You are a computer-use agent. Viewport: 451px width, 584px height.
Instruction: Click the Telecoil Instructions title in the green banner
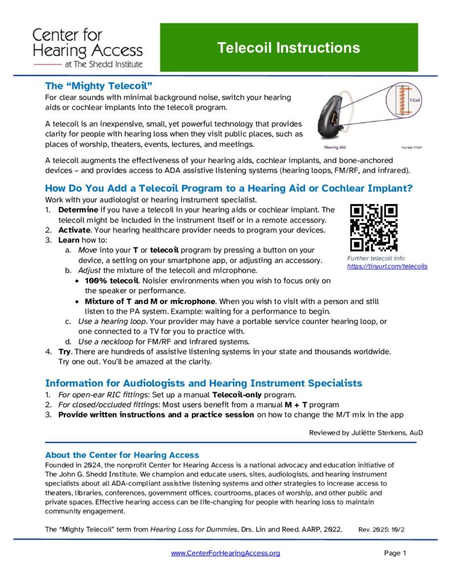(289, 48)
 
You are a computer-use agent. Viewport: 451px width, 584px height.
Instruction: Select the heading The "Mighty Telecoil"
(98, 86)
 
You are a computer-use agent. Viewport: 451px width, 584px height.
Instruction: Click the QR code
(374, 228)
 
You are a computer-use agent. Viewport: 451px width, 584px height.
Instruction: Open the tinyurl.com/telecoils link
(387, 266)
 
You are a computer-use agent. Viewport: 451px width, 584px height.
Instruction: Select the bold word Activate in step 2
(74, 230)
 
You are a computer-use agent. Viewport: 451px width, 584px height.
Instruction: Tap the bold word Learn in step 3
(69, 240)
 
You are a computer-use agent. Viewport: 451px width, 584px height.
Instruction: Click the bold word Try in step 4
(64, 351)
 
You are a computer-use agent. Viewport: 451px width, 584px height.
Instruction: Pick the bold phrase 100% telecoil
(112, 281)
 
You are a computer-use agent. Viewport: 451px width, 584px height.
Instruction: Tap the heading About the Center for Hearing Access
(122, 455)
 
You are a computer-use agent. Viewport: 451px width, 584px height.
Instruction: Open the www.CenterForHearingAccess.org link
(225, 553)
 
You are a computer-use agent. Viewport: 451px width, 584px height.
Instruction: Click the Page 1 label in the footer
(395, 553)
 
